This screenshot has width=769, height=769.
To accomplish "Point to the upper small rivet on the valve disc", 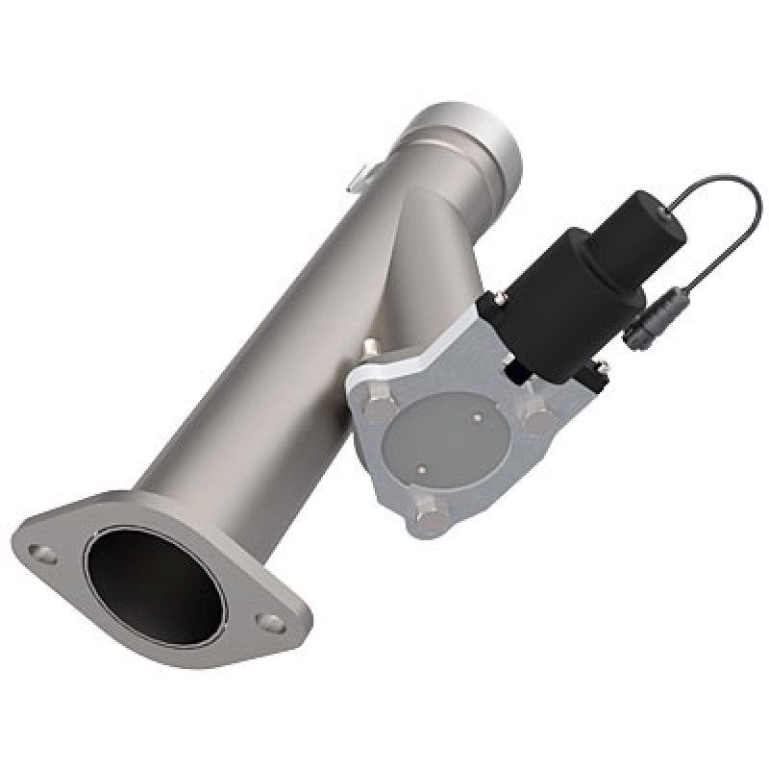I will click(478, 417).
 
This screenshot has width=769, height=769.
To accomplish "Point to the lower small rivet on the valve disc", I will click(421, 468).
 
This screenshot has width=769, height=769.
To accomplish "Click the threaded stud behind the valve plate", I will click(372, 344).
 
